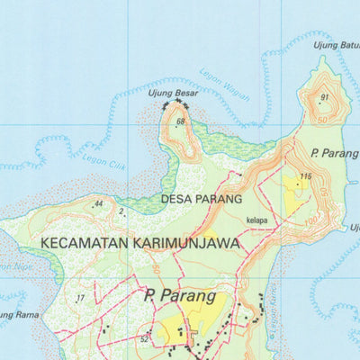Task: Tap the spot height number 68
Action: (x=181, y=121)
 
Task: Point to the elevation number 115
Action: (x=306, y=176)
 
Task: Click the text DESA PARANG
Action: (x=202, y=198)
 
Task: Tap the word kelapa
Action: (x=256, y=219)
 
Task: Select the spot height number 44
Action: (x=98, y=204)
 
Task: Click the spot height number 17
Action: (x=80, y=298)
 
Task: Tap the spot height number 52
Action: (x=144, y=339)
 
